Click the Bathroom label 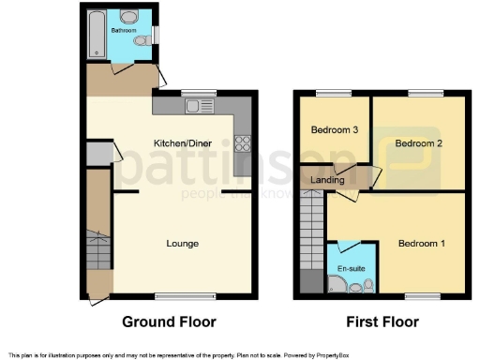coord(123,31)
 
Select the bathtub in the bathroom coord(95,36)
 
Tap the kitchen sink coord(194,106)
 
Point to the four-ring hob coord(242,143)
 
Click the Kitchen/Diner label coord(183,142)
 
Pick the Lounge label coord(182,244)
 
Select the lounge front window coord(178,297)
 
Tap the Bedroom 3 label coord(335,129)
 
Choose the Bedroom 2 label coord(417,143)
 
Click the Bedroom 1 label coord(421,244)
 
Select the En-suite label coord(351,269)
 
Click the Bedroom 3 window coord(331,92)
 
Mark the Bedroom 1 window coord(423,297)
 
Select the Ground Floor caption coord(170,322)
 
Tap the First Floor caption coord(382,322)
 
